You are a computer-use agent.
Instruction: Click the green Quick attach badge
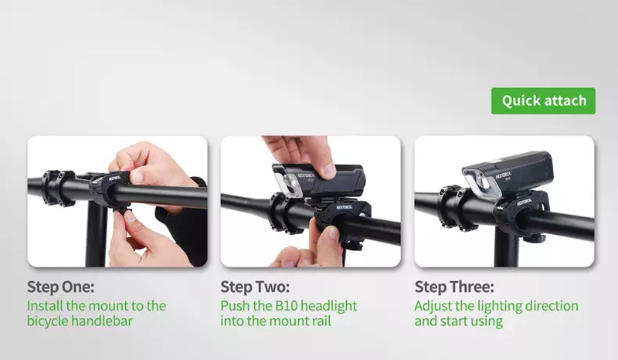click(543, 101)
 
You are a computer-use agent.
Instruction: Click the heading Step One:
click(61, 287)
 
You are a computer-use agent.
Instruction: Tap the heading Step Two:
click(255, 287)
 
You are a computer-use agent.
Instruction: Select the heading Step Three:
click(454, 287)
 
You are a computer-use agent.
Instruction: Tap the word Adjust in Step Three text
click(433, 307)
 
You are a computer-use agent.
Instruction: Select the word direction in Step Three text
click(552, 306)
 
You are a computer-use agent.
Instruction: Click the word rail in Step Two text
click(321, 321)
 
